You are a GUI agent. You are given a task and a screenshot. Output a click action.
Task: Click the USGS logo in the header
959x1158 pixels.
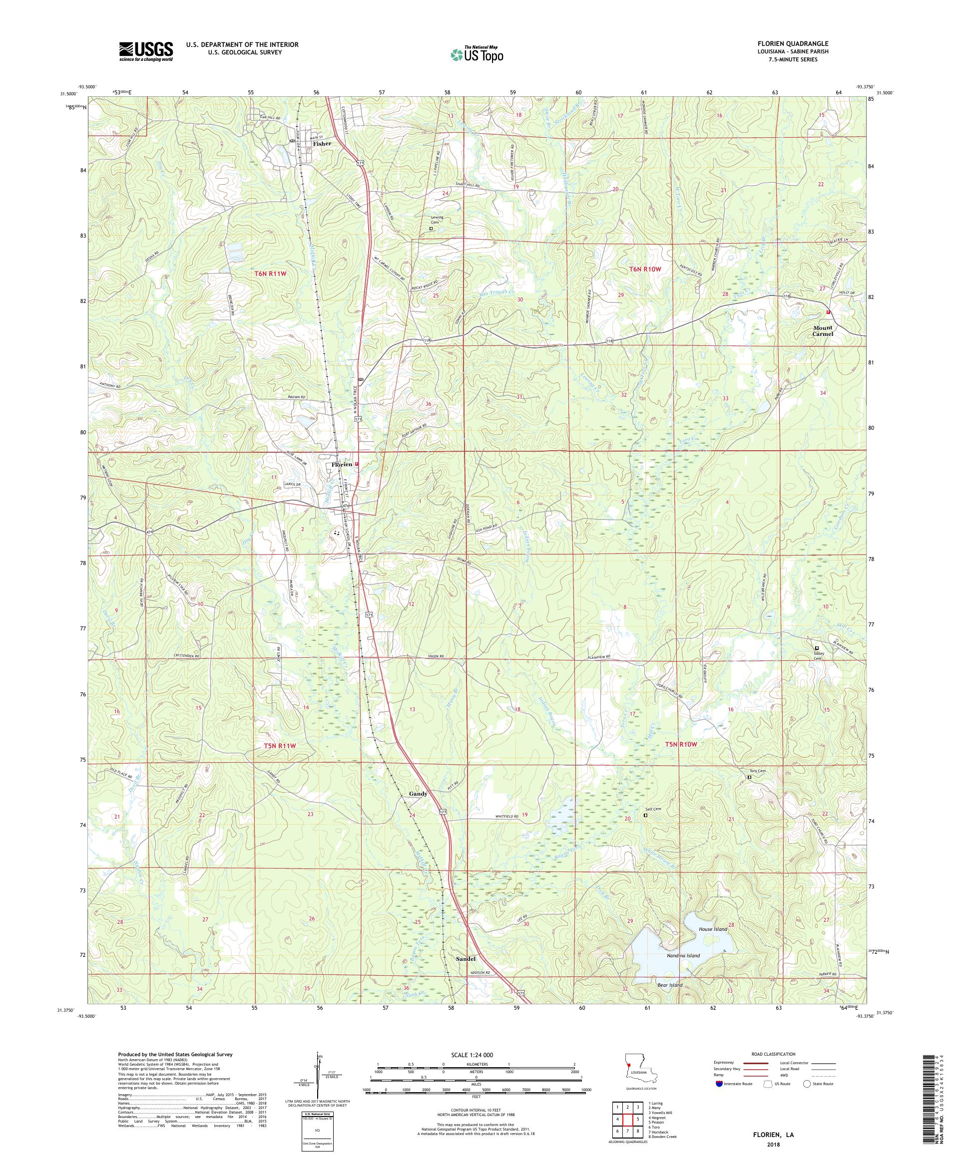click(146, 51)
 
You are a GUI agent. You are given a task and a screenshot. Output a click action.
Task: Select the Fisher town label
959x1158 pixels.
click(322, 143)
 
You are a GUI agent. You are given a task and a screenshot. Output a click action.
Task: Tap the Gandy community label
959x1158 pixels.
click(418, 794)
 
